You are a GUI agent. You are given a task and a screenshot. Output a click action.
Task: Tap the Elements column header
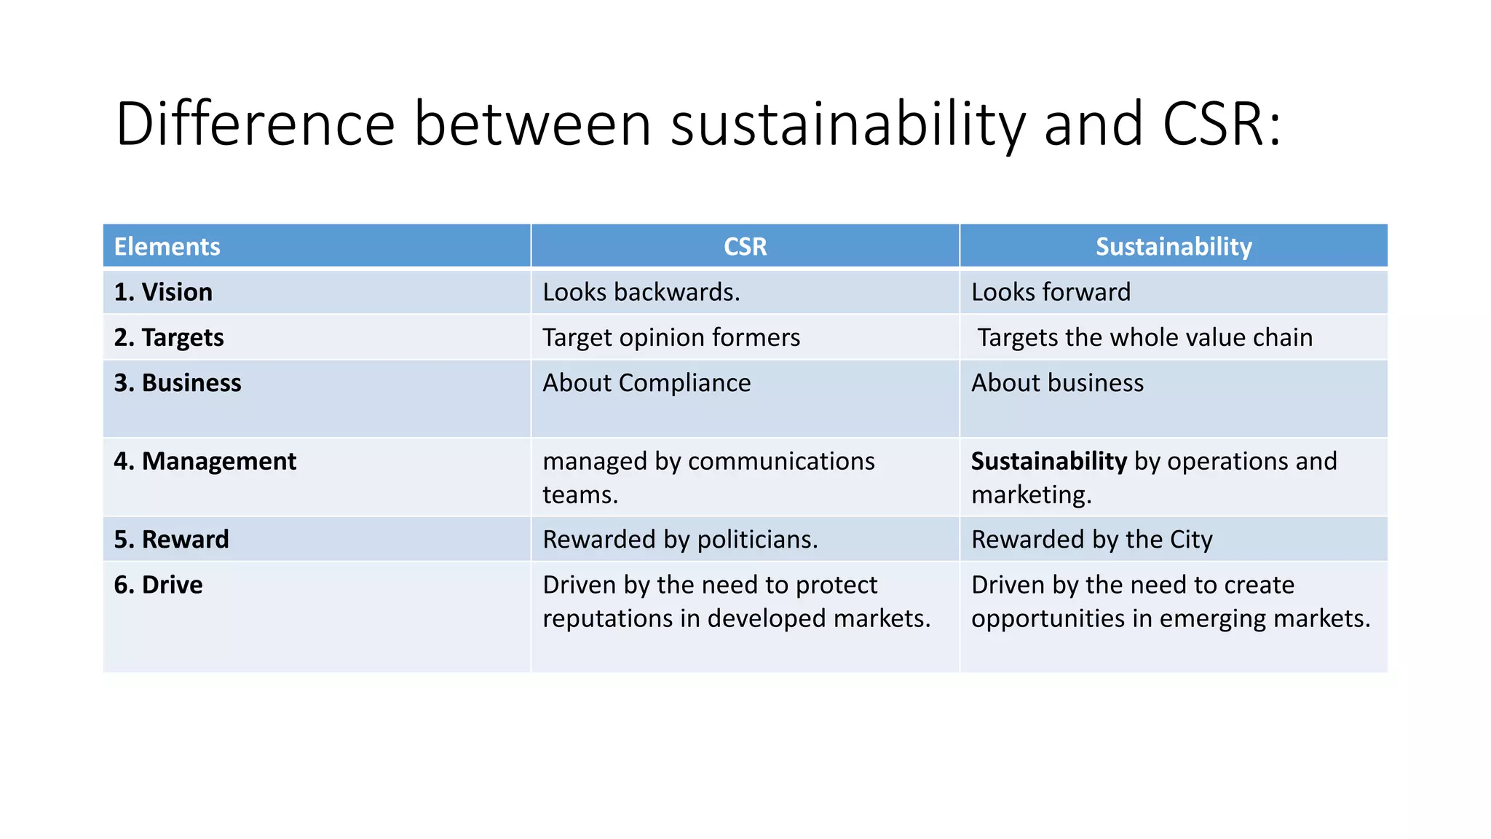(x=167, y=246)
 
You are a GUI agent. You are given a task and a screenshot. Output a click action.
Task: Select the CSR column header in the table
(x=745, y=246)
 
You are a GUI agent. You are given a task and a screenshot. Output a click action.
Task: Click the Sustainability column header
(x=1174, y=246)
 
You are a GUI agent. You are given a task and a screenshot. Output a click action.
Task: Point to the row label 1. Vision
(x=163, y=292)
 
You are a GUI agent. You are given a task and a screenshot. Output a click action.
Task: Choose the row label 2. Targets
(x=169, y=338)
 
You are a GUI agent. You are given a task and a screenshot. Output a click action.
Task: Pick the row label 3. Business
(x=178, y=383)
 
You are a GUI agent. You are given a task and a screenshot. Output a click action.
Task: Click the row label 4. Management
(x=205, y=461)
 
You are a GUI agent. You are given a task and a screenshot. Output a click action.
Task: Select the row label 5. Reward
(x=171, y=540)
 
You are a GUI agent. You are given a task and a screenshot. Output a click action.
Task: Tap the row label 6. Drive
(x=158, y=585)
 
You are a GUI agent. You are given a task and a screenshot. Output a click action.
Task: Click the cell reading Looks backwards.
(x=641, y=292)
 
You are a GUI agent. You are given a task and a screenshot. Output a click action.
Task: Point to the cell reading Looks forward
(x=1051, y=292)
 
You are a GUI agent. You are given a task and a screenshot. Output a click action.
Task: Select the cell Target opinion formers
(x=671, y=338)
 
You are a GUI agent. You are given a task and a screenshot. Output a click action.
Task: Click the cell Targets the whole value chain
(x=1144, y=338)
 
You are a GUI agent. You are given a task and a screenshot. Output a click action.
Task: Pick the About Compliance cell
(x=646, y=383)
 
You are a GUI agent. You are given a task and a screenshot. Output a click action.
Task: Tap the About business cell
(x=1057, y=383)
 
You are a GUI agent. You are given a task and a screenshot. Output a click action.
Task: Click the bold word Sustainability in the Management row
(x=1049, y=461)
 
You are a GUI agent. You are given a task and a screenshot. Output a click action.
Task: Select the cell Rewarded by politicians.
(x=680, y=540)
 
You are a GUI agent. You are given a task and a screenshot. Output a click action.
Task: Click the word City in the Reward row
(x=1191, y=540)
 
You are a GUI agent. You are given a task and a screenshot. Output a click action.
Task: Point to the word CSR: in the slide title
(x=1221, y=124)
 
